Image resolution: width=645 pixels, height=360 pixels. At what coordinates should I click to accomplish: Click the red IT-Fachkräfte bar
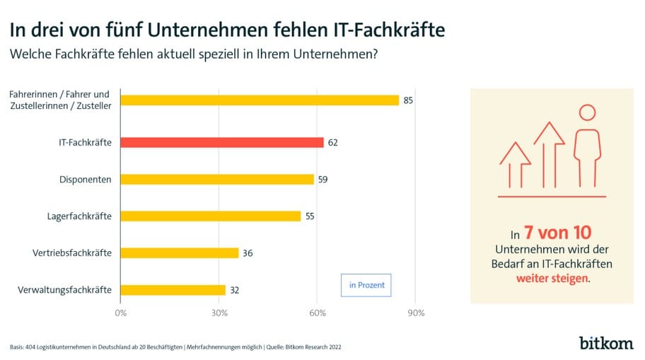click(221, 142)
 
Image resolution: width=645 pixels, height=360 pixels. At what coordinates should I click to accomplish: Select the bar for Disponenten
click(216, 179)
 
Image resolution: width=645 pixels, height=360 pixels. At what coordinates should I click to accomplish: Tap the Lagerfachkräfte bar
click(210, 216)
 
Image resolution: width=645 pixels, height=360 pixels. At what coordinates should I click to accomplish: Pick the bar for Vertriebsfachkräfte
click(179, 252)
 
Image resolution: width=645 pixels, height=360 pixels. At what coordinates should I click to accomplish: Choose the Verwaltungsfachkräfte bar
click(173, 289)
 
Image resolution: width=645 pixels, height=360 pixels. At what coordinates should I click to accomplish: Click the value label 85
click(408, 100)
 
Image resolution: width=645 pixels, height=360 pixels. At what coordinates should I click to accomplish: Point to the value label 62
click(333, 142)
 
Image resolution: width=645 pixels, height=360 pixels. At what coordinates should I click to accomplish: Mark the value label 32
click(234, 289)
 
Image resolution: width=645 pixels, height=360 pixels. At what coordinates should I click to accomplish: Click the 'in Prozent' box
click(366, 285)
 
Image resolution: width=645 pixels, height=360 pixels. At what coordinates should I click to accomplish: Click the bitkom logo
click(605, 344)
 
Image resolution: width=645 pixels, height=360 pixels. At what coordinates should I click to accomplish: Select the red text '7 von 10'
click(557, 232)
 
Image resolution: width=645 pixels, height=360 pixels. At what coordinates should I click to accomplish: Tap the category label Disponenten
click(85, 179)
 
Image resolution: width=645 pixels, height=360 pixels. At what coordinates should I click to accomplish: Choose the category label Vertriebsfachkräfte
click(72, 252)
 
